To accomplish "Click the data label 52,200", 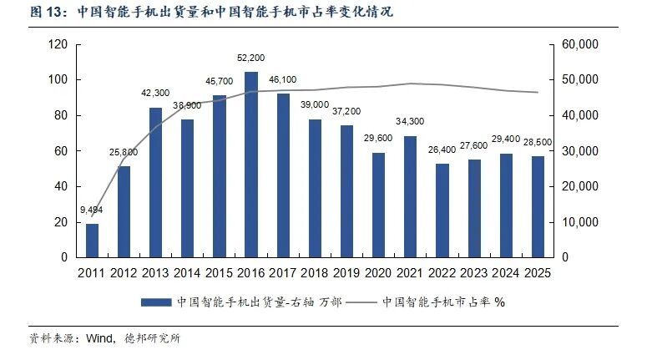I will tap(250, 58).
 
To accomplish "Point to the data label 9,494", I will tap(92, 210).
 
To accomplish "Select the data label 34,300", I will tap(410, 122).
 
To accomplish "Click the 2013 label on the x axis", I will tap(155, 272).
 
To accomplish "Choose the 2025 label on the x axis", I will tap(538, 272).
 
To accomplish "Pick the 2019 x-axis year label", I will tap(346, 272).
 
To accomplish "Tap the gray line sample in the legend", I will tap(360, 302).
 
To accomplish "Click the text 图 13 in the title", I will tap(48, 13).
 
